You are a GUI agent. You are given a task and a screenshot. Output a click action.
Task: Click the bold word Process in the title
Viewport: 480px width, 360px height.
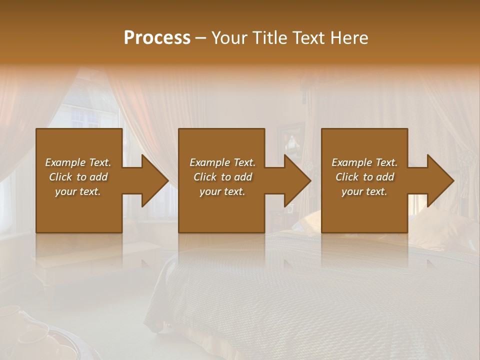coord(157,37)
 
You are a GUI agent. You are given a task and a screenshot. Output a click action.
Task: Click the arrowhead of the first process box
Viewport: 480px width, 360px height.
coord(153,180)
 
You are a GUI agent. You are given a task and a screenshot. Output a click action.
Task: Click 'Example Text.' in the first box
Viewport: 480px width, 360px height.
coord(78,162)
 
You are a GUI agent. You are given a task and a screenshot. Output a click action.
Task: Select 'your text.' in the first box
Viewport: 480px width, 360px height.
coord(78,191)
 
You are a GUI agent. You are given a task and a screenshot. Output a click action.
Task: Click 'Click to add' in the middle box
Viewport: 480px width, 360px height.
coord(222,177)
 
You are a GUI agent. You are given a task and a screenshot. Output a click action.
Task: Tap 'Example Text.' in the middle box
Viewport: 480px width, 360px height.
coord(222,162)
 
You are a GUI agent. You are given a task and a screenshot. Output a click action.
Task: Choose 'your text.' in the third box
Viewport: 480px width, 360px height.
coord(364,191)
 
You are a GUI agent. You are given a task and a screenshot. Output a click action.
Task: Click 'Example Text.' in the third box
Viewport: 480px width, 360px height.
coord(364,162)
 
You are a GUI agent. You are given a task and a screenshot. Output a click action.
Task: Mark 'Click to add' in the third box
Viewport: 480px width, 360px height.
coord(364,177)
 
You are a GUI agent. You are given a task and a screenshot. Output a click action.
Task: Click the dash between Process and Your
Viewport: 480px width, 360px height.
coord(201,38)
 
